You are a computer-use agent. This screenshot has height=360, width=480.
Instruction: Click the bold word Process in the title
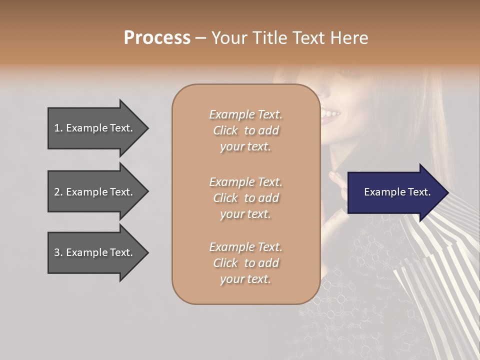tap(157, 38)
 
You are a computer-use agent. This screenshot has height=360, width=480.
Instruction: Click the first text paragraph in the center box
tap(245, 130)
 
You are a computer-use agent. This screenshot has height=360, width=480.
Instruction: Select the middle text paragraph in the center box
tap(245, 198)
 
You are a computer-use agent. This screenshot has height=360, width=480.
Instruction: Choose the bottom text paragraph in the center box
tap(245, 263)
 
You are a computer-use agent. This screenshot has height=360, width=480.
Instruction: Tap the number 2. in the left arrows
tap(58, 192)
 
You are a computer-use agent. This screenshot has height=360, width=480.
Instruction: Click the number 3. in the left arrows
tap(58, 252)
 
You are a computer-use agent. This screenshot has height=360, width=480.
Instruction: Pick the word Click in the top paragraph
tap(225, 130)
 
